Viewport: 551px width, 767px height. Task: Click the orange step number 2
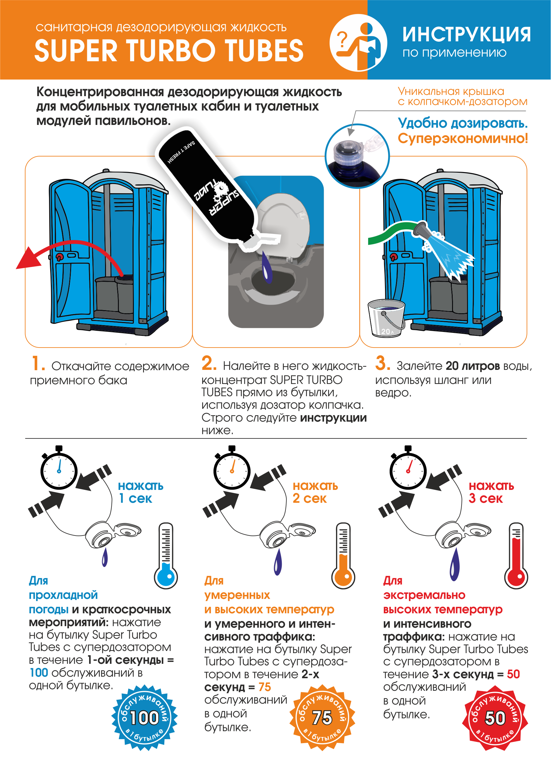(x=209, y=363)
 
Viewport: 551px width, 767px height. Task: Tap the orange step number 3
(x=382, y=363)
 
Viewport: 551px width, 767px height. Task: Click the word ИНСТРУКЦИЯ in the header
(x=466, y=35)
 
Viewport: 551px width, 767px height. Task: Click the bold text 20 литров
(x=473, y=366)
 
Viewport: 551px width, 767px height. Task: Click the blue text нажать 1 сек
(x=140, y=492)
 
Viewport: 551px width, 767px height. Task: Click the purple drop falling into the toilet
(x=267, y=269)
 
